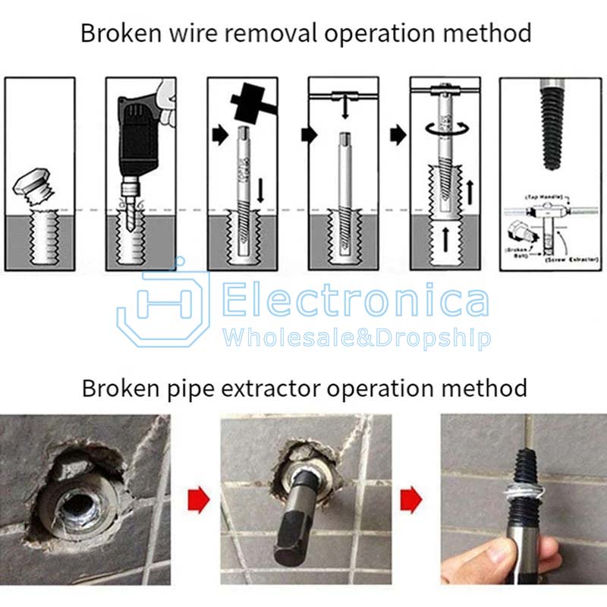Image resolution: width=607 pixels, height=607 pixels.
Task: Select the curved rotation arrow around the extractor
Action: [x=443, y=131]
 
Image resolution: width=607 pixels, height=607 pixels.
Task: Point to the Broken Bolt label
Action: [x=517, y=253]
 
